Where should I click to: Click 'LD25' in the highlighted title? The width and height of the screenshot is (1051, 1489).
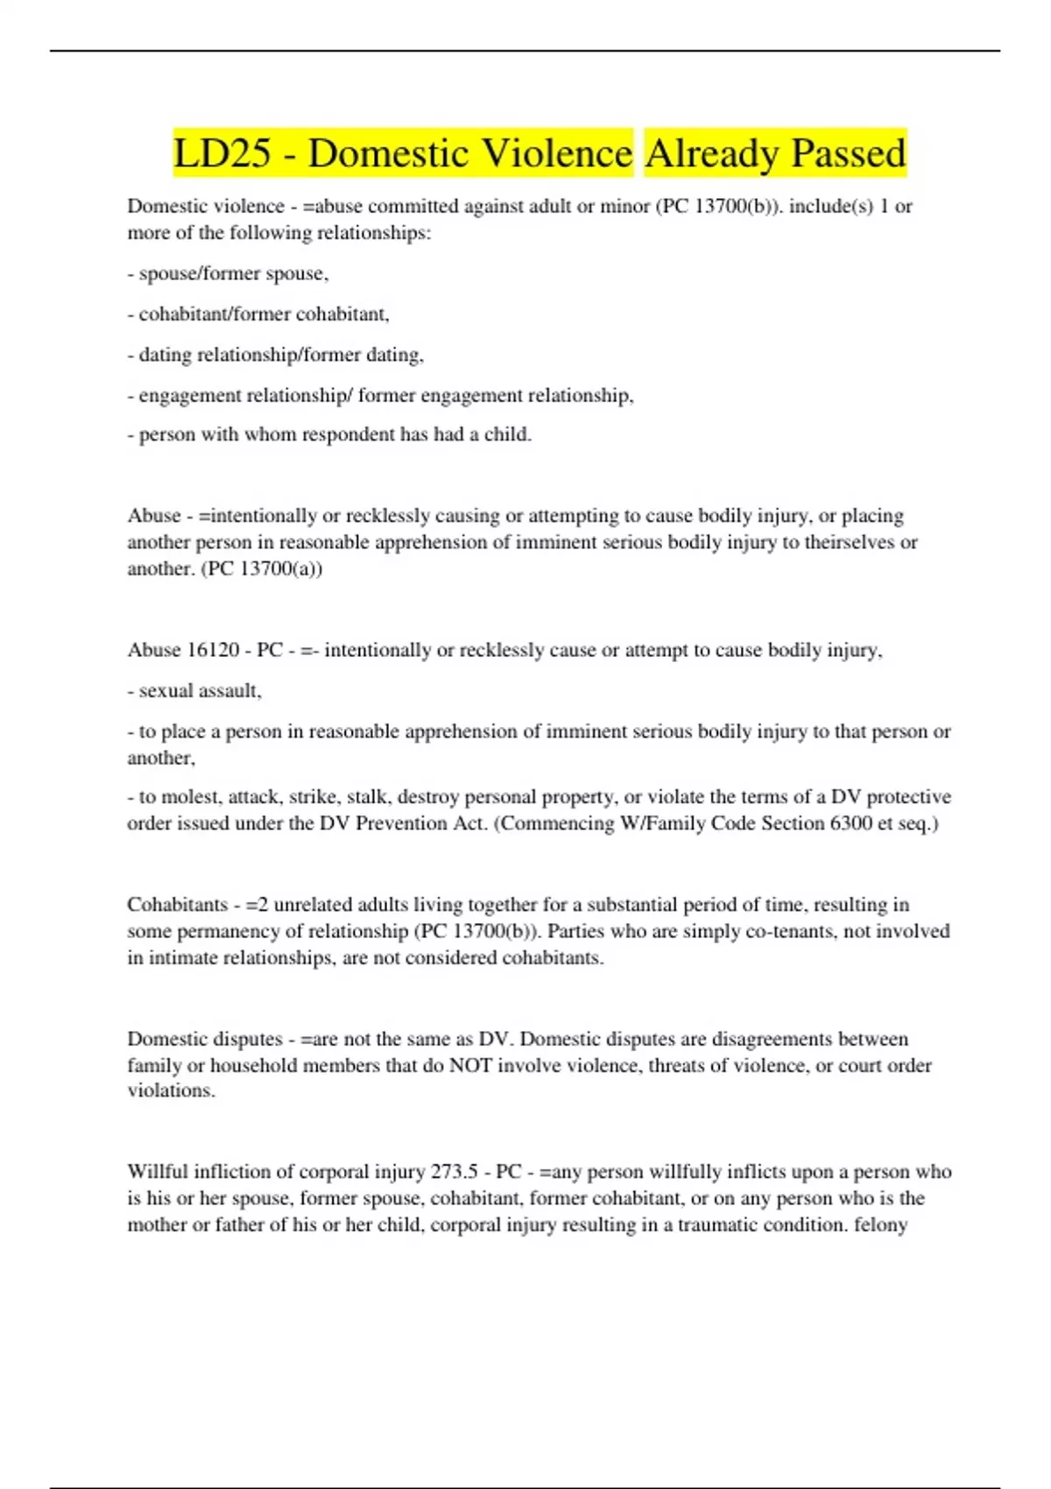[x=222, y=154]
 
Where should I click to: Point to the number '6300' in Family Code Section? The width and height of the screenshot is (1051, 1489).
[x=850, y=823]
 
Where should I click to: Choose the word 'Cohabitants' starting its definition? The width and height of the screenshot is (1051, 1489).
[x=177, y=905]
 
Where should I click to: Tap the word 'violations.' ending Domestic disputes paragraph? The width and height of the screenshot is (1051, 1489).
[x=171, y=1090]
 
